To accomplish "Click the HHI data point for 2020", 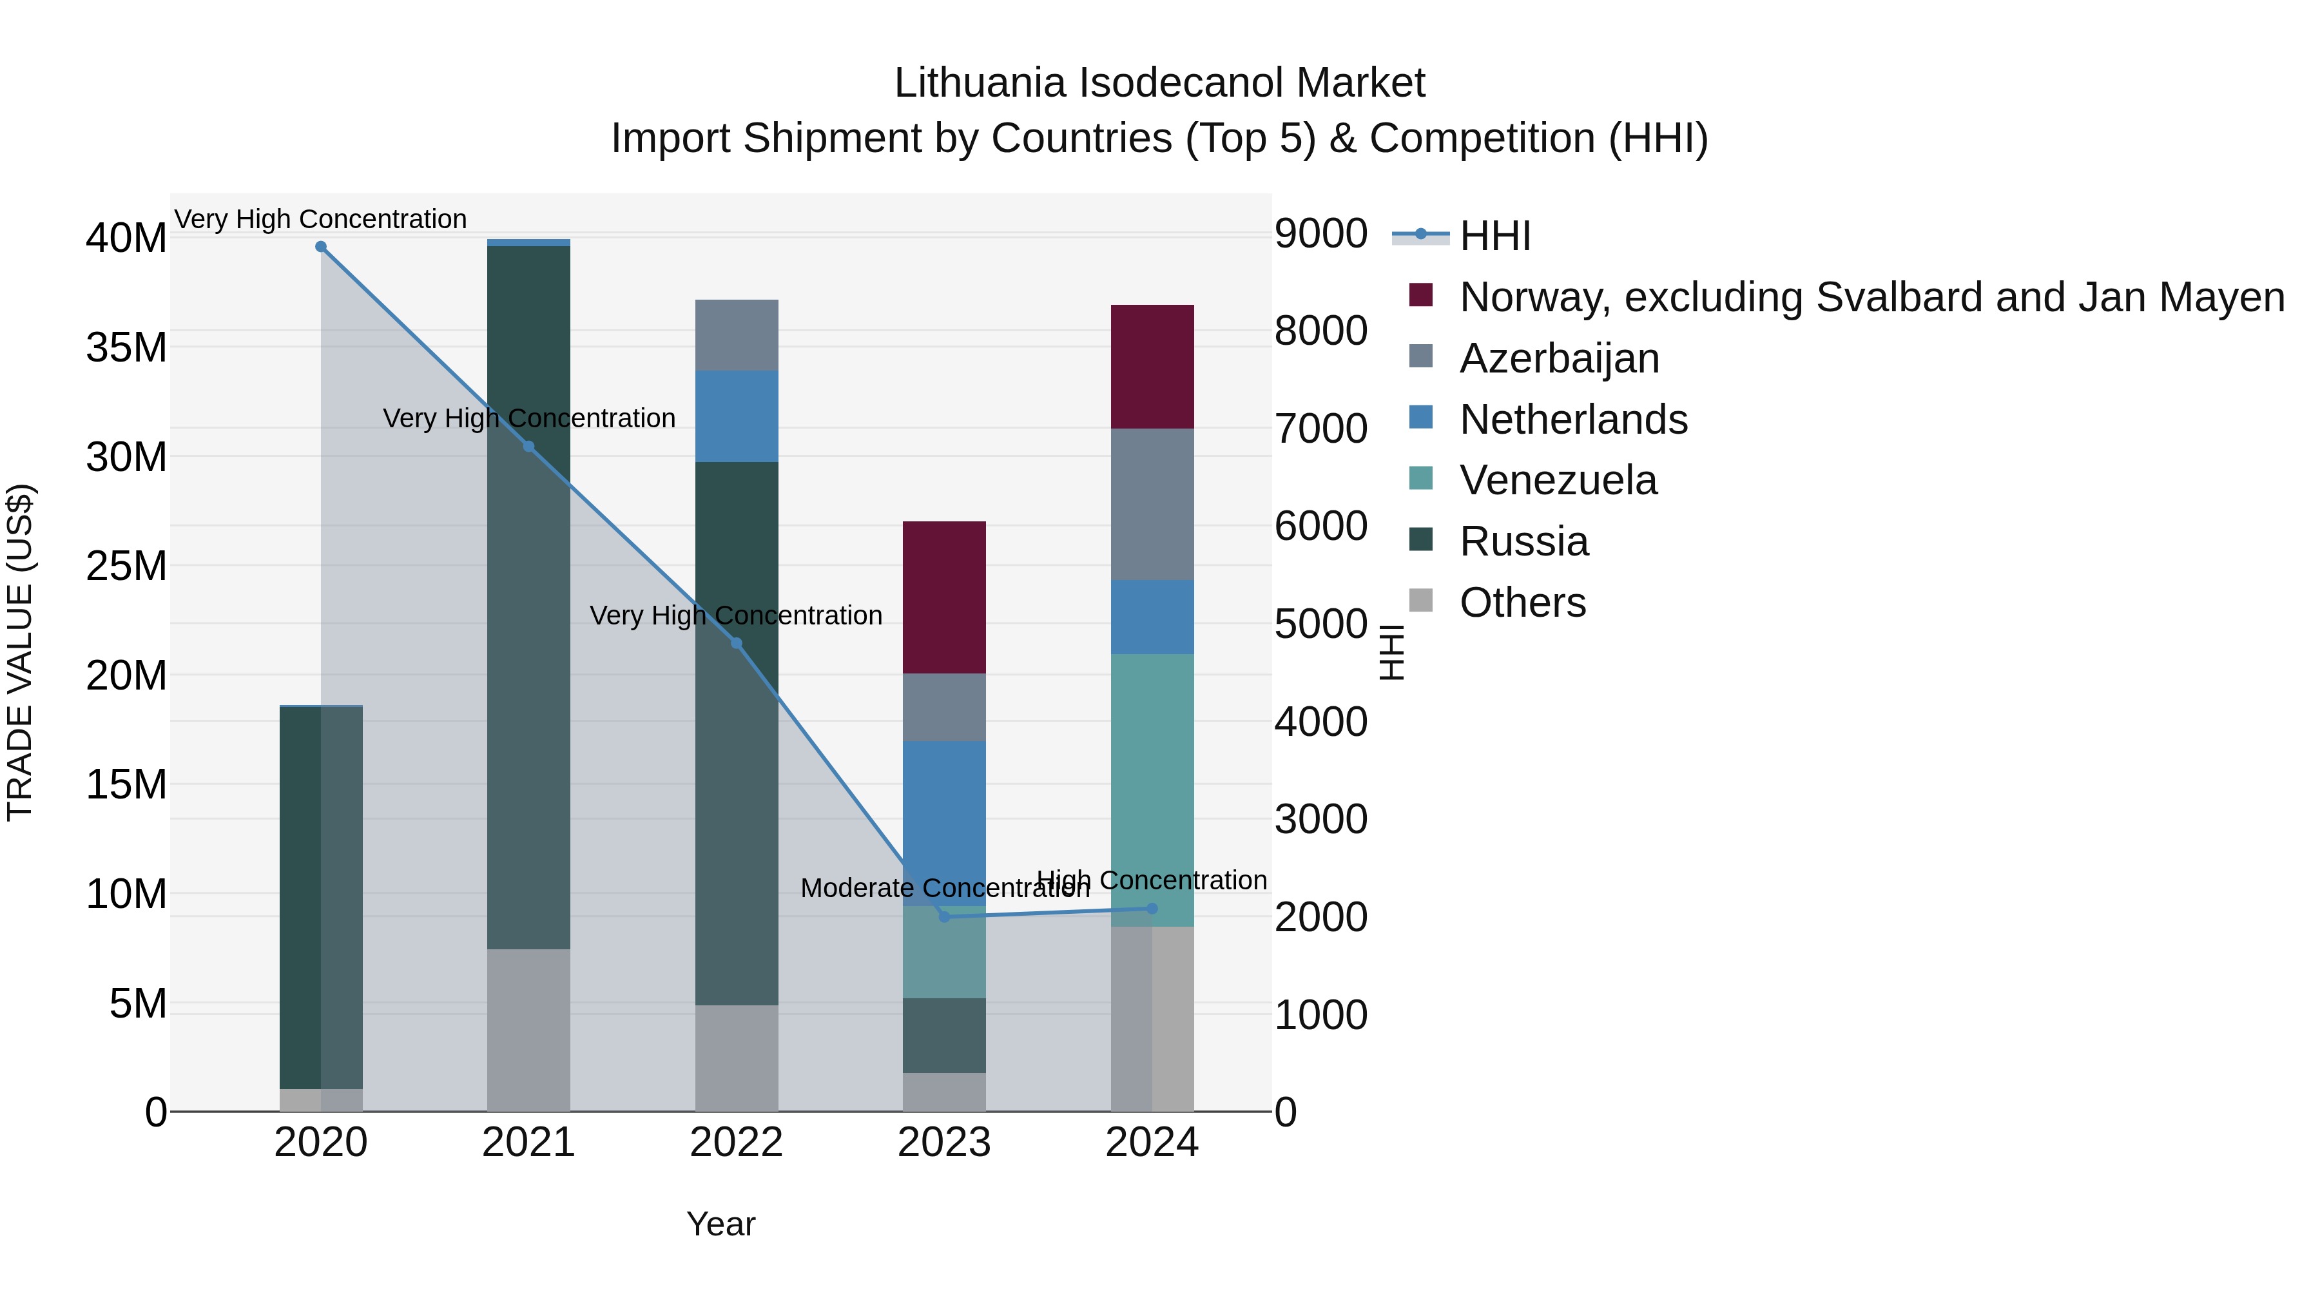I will (x=321, y=247).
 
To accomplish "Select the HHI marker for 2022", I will (x=737, y=643).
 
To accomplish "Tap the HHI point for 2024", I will (x=1152, y=909).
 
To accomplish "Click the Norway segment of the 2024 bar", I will (x=1152, y=367).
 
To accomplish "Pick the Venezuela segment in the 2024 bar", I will (x=1152, y=790).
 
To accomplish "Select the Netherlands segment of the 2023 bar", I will (x=944, y=822).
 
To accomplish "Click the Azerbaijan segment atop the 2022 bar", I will (x=737, y=335).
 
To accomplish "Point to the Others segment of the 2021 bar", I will (x=528, y=1029).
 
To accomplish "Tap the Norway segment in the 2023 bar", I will (x=944, y=597).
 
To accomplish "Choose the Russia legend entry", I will (x=1524, y=541).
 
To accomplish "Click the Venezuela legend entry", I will (x=1558, y=480).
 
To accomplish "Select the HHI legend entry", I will (x=1495, y=236).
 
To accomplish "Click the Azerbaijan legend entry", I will (x=1559, y=358).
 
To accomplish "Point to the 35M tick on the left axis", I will (x=126, y=347).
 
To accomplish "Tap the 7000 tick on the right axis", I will (x=1321, y=429).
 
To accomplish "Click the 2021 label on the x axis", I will (x=528, y=1143).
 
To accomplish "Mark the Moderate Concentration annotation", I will (x=944, y=889).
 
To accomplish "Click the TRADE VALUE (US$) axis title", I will (x=20, y=652).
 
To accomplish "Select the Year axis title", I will (x=720, y=1224).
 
